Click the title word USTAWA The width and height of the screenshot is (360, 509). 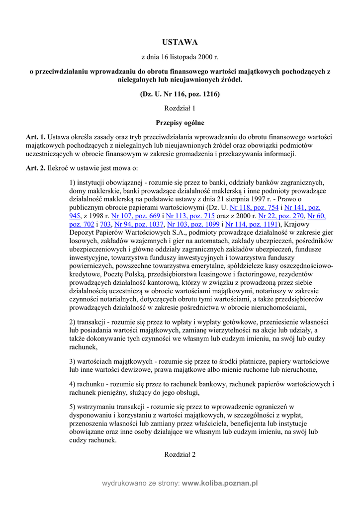click(180, 42)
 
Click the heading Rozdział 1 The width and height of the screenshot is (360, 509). click(180, 108)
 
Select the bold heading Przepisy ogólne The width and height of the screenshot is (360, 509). click(180, 122)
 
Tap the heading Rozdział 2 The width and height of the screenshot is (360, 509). click(180, 454)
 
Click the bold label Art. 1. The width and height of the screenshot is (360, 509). click(35, 137)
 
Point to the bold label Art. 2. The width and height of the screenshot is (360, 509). click(35, 169)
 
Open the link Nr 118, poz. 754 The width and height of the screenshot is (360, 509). click(254, 207)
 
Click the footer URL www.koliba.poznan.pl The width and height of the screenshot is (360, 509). click(220, 483)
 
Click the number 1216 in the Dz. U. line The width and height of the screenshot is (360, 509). click(208, 94)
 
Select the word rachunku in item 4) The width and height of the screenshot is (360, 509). click(91, 384)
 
